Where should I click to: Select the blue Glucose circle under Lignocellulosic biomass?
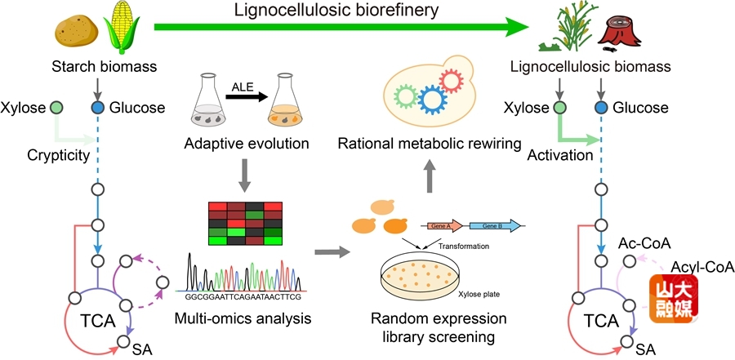tap(601, 107)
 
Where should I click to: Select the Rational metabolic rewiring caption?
tap(430, 144)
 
